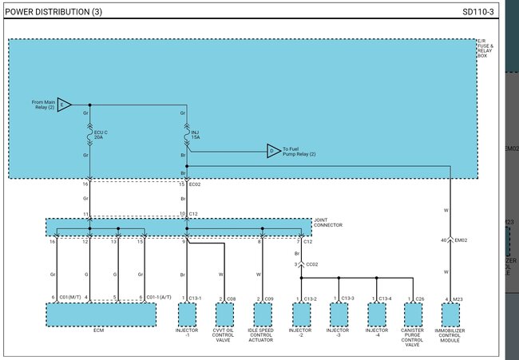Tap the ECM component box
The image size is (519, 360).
click(x=101, y=315)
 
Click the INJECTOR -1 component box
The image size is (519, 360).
click(x=186, y=315)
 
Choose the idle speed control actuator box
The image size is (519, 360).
click(x=259, y=315)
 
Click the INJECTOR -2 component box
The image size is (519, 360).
click(x=300, y=315)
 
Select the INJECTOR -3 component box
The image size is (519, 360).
click(x=339, y=315)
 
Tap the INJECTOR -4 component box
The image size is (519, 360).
click(x=376, y=315)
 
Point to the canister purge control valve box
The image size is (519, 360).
click(x=413, y=315)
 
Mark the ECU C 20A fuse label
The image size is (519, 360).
click(x=99, y=134)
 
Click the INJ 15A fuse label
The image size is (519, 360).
click(x=196, y=134)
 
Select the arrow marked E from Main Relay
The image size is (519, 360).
click(x=64, y=105)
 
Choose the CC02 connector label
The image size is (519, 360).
click(x=311, y=263)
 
